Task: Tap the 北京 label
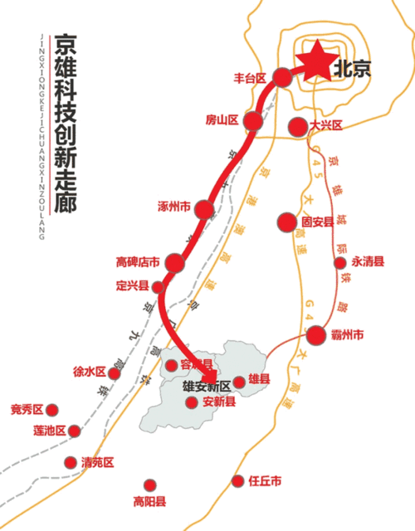click(349, 71)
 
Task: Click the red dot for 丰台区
click(283, 77)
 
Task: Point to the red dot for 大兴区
click(298, 126)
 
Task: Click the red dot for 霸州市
click(315, 335)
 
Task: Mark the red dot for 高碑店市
click(174, 263)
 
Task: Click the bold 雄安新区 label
click(206, 386)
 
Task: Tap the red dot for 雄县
click(240, 382)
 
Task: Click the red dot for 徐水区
click(115, 373)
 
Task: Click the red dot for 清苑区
click(70, 462)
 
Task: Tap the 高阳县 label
click(150, 501)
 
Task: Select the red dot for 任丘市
click(239, 480)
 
